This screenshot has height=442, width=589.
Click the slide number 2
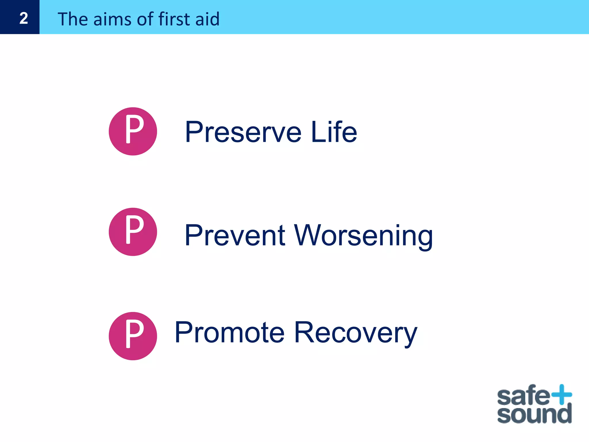[24, 18]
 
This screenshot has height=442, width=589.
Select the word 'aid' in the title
[207, 19]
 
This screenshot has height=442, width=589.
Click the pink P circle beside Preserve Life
[133, 132]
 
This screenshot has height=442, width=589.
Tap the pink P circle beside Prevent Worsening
[133, 232]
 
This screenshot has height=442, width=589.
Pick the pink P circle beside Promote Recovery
[133, 336]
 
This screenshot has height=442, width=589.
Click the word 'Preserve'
[243, 132]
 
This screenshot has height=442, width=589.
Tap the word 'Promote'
[230, 333]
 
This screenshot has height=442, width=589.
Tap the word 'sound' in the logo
[534, 414]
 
